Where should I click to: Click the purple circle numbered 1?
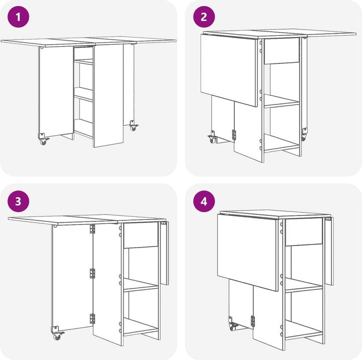(x=18, y=17)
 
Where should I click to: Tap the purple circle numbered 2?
(x=204, y=17)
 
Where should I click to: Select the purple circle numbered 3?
(x=18, y=201)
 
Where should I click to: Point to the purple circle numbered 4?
(x=204, y=201)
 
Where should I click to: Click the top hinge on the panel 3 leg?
(x=93, y=229)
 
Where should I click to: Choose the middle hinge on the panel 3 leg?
(x=93, y=273)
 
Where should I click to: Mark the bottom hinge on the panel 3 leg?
(x=93, y=319)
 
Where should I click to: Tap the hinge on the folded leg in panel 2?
(x=234, y=135)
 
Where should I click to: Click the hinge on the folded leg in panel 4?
(x=252, y=321)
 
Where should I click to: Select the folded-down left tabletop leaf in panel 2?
(x=229, y=70)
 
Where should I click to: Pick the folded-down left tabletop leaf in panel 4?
(x=247, y=252)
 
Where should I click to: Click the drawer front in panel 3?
(x=141, y=235)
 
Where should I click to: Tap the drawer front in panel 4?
(x=304, y=232)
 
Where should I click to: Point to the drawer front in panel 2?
(x=282, y=51)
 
